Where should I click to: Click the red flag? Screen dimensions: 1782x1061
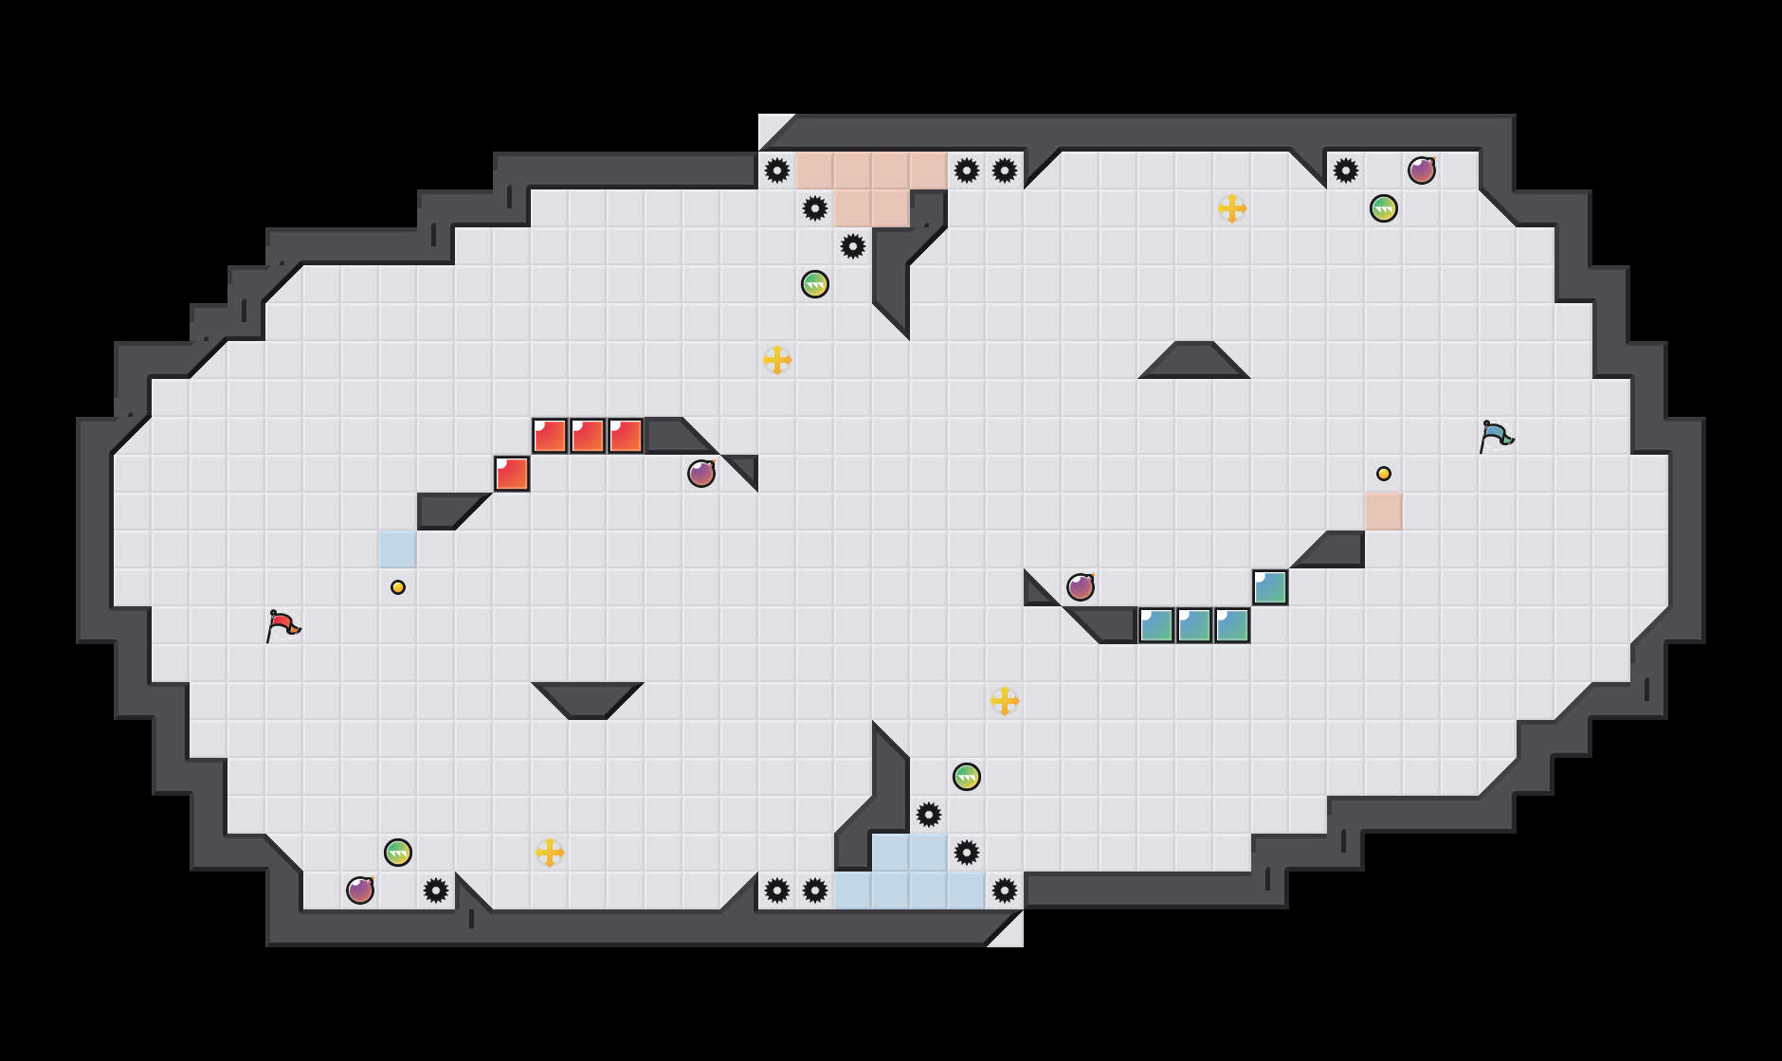pyautogui.click(x=282, y=625)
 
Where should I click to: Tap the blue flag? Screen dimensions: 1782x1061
pyautogui.click(x=1495, y=436)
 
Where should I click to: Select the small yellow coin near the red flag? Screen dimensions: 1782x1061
pyautogui.click(x=398, y=587)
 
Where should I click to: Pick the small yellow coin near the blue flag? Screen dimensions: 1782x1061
pyautogui.click(x=1384, y=474)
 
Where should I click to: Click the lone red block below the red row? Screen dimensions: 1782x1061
pyautogui.click(x=512, y=474)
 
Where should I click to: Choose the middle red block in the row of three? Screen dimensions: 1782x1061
pyautogui.click(x=588, y=436)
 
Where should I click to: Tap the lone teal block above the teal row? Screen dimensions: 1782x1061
pyautogui.click(x=1270, y=587)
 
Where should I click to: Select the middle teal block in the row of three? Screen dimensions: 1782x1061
pyautogui.click(x=1194, y=625)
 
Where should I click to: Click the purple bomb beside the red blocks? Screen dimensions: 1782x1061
pyautogui.click(x=701, y=474)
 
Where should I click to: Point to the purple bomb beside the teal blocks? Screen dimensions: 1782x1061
pyautogui.click(x=1081, y=587)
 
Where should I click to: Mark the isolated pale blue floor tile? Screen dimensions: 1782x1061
pyautogui.click(x=398, y=549)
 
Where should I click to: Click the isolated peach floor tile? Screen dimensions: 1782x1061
pyautogui.click(x=1384, y=512)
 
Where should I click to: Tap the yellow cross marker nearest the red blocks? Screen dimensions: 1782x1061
pyautogui.click(x=777, y=360)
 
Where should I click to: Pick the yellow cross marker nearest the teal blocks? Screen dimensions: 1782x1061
pyautogui.click(x=1005, y=701)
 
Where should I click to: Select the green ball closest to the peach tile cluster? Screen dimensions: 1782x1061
pyautogui.click(x=815, y=284)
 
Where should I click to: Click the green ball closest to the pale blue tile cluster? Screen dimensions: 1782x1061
pyautogui.click(x=967, y=777)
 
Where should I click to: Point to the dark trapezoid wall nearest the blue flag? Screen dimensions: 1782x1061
pyautogui.click(x=1194, y=362)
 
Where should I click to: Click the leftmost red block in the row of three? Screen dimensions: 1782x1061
pyautogui.click(x=550, y=436)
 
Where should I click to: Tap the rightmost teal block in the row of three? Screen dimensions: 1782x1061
pyautogui.click(x=1232, y=625)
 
